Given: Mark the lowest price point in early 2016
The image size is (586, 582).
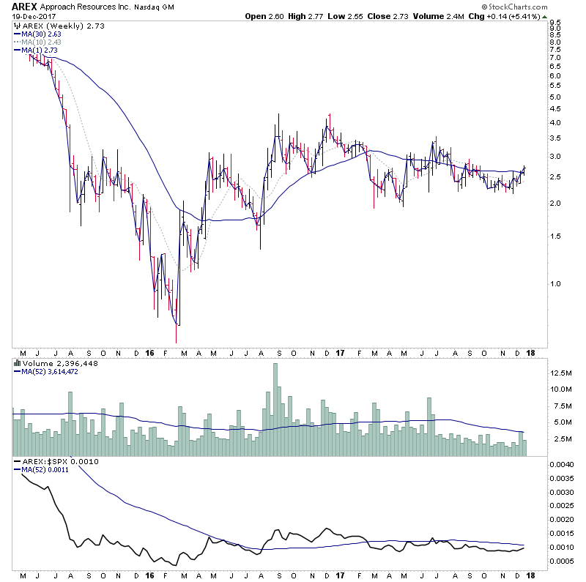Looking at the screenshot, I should (x=177, y=341).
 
